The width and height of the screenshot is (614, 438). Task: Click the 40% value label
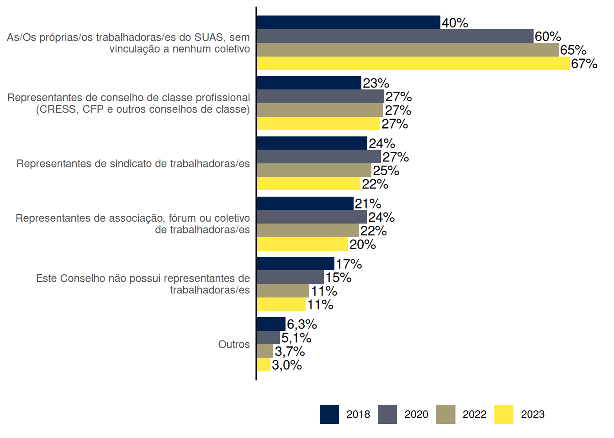pos(455,23)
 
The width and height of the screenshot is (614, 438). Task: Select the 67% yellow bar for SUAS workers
pos(413,63)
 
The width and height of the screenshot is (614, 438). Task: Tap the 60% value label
pos(548,36)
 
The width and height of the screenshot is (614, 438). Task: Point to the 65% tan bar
pos(408,50)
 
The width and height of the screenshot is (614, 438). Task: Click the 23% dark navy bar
pos(309,83)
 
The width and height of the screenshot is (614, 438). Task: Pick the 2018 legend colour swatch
pos(329,414)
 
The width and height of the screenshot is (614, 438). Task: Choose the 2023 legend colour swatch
pos(503,414)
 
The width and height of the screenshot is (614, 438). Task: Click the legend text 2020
pos(416,414)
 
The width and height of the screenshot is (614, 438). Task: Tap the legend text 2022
pos(474,414)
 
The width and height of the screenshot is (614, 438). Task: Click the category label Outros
pos(234,344)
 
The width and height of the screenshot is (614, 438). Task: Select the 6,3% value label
pos(302,324)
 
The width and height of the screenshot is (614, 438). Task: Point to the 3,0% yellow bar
pos(264,365)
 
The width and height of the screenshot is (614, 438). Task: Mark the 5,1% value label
pos(296,338)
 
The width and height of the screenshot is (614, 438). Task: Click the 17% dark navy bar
pos(296,264)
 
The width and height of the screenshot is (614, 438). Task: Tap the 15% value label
pos(338,277)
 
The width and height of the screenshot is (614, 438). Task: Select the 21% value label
pos(368,203)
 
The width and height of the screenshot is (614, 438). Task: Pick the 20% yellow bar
pos(302,244)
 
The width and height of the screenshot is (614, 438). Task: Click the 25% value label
pos(386,171)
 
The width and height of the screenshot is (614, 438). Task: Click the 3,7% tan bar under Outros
pos(265,351)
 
